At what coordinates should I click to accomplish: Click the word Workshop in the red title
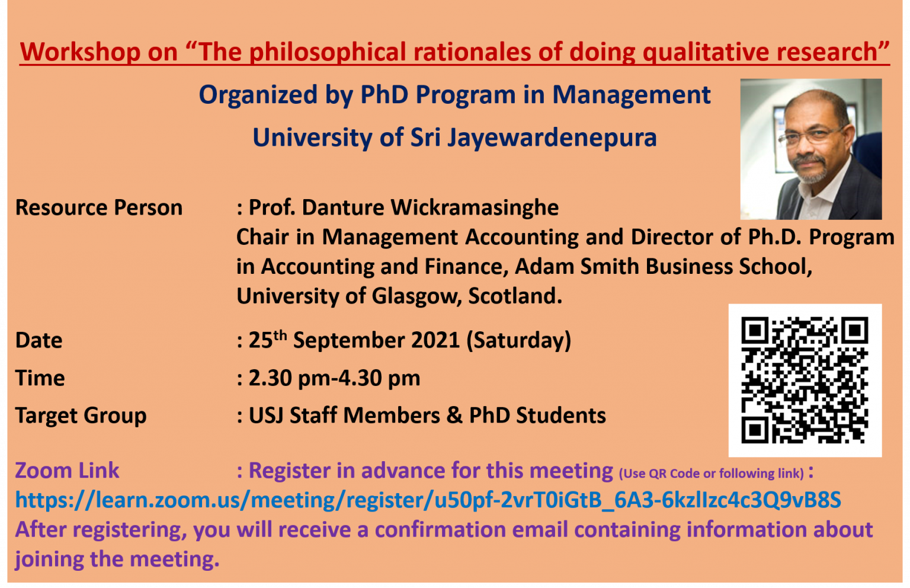[x=80, y=52]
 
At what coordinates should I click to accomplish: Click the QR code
[x=805, y=380]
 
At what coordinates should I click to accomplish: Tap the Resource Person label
[x=99, y=207]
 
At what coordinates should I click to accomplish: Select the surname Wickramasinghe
[x=475, y=208]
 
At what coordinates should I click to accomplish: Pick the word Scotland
[x=515, y=296]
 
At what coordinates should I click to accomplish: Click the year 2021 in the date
[x=435, y=340]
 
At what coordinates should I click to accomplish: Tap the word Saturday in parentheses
[x=519, y=340]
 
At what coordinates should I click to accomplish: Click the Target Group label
[x=81, y=416]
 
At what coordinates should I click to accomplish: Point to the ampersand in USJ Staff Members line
[x=454, y=416]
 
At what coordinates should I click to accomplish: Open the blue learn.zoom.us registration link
[x=428, y=500]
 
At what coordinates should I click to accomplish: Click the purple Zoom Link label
[x=68, y=471]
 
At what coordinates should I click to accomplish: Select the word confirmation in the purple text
[x=440, y=530]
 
